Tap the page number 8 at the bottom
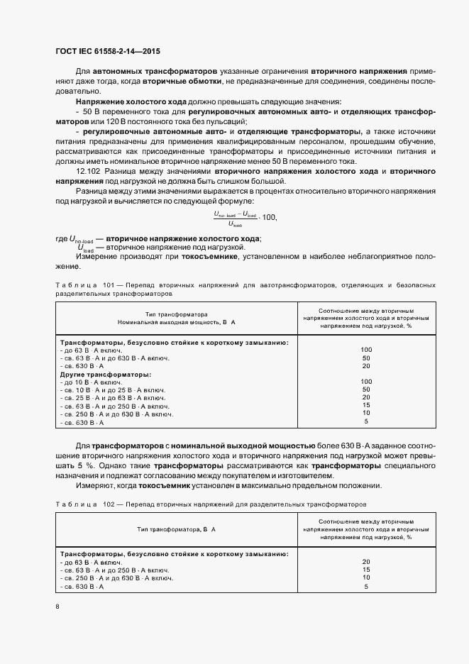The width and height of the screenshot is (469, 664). coord(57,607)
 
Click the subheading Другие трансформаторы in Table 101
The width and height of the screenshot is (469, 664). coord(105,374)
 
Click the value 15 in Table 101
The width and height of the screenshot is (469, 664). coord(366,406)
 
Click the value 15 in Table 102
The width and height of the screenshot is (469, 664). coord(366,570)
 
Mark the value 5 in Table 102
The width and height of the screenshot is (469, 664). coord(366,587)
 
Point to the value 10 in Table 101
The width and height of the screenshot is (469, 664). coord(366,414)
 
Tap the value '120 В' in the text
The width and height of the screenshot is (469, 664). coord(113,121)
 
